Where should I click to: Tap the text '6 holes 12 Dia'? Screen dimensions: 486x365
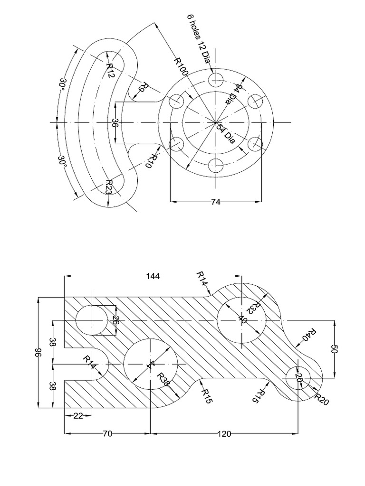click(199, 38)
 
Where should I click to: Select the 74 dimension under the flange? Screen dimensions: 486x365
click(216, 202)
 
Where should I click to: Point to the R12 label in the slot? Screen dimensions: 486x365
click(110, 71)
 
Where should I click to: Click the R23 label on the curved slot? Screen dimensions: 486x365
click(109, 187)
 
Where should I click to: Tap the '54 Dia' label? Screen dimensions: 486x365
click(226, 133)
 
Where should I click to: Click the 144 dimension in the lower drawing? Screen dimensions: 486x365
click(153, 276)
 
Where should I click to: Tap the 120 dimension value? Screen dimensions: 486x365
click(224, 433)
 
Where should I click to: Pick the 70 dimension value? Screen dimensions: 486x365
click(107, 433)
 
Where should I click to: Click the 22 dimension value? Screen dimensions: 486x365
click(77, 416)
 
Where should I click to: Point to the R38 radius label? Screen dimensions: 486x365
click(163, 380)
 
